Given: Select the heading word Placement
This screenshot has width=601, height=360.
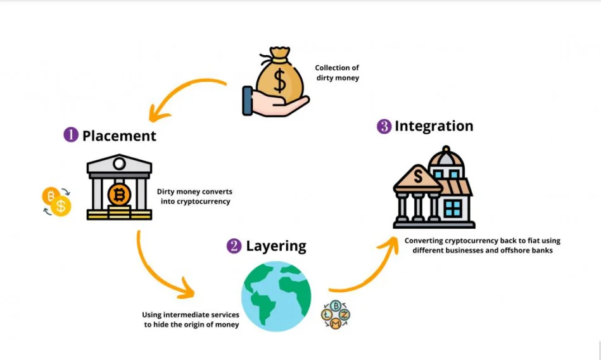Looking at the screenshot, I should tap(119, 135).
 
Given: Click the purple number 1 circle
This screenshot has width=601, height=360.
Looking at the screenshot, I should tap(70, 135).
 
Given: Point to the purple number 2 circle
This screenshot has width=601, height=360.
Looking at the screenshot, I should tap(234, 246).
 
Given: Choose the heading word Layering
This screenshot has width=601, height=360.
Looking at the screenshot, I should tap(275, 246).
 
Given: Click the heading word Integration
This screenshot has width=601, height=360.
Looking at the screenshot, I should tap(434, 126).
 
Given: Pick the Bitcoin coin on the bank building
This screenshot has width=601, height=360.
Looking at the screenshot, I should tap(119, 194).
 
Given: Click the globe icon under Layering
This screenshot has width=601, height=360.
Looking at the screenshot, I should tap(276, 296).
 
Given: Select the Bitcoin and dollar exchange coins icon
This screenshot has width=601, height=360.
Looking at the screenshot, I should tap(56, 202).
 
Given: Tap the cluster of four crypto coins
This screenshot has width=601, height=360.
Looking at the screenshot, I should tap(336, 314).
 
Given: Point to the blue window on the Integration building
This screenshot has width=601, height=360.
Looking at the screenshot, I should tap(452, 207).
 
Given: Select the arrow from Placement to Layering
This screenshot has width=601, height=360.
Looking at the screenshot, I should tap(158, 269).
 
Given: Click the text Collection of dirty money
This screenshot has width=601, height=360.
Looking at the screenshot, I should tap(337, 72).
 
